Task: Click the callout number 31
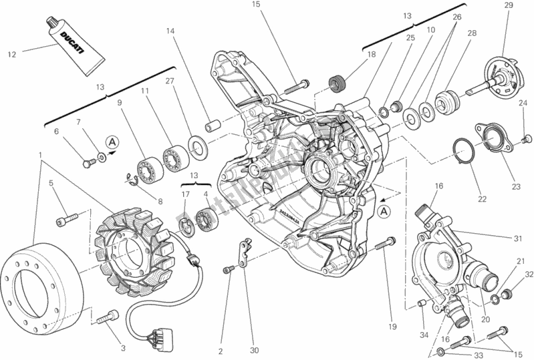518,240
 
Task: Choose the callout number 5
49,183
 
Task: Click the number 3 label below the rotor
122,347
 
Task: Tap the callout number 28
473,33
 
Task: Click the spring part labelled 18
338,85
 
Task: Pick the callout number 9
120,103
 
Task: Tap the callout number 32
529,275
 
